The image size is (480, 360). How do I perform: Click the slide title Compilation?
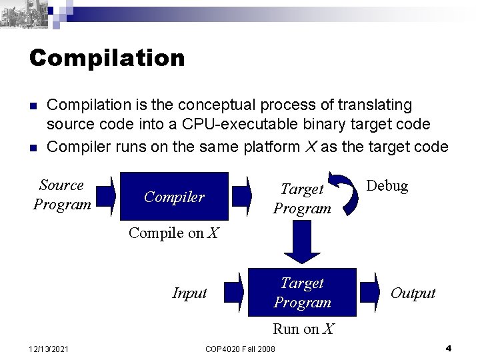[107, 58]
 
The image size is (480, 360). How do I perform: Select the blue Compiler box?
[174, 196]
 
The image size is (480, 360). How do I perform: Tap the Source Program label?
[62, 194]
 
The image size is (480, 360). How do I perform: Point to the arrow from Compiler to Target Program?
[255, 195]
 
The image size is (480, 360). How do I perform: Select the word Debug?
[387, 186]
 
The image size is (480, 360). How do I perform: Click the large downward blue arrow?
[304, 244]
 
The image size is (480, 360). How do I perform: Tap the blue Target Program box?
[302, 293]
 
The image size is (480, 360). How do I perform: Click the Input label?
[189, 293]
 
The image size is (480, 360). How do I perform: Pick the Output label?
[413, 293]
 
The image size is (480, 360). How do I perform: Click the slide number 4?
[449, 348]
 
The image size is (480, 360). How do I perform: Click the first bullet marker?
[33, 106]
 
